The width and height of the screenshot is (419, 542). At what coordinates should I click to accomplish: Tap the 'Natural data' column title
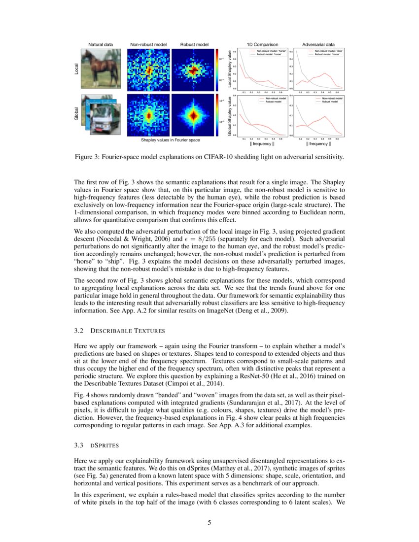pos(101,45)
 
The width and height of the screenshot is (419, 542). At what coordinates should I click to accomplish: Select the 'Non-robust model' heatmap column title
pos(148,45)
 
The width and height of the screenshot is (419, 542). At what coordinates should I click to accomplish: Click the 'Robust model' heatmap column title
pos(194,45)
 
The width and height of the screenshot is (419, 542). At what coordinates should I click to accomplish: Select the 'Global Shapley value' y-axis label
pos(230,116)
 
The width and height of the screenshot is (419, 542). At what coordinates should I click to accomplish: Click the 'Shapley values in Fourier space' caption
pos(170,140)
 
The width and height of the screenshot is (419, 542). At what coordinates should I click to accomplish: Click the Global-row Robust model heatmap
pos(193,115)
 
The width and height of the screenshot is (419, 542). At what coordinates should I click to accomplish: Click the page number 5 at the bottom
pos(209,523)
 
